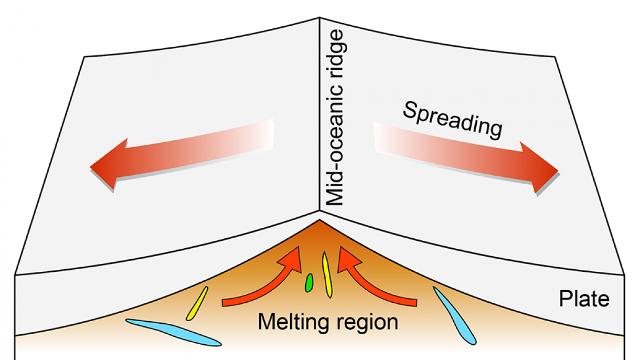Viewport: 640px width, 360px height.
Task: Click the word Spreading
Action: [452, 120]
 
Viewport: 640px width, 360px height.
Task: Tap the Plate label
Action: [584, 299]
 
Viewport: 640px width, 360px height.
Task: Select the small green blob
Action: [310, 282]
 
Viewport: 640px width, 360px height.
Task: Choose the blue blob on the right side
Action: [454, 315]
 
